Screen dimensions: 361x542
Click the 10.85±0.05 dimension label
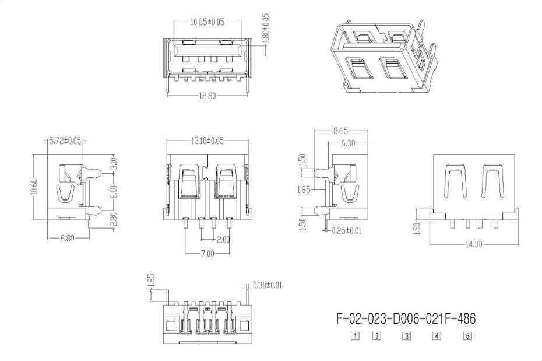point(207,22)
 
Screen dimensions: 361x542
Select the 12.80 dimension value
point(207,96)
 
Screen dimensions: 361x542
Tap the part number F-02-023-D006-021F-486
point(406,320)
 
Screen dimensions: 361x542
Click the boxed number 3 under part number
point(407,336)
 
